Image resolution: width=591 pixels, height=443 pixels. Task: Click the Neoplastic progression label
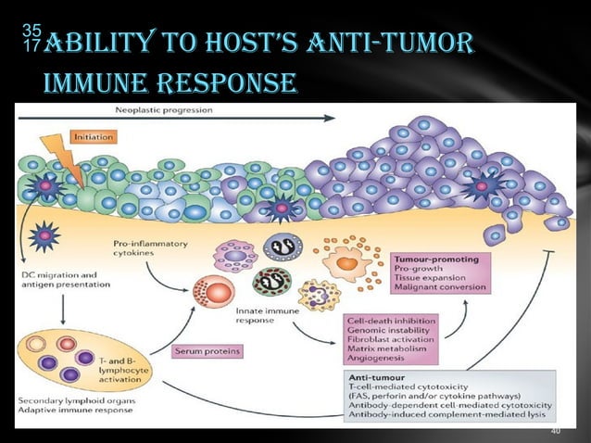click(x=161, y=109)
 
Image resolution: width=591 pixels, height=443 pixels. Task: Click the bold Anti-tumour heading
click(x=374, y=378)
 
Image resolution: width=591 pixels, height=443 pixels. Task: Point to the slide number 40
click(x=555, y=432)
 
